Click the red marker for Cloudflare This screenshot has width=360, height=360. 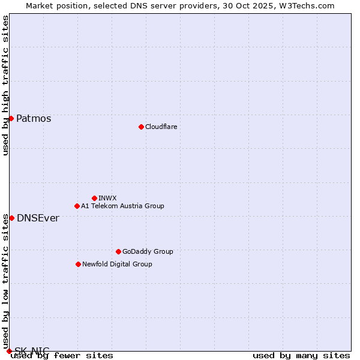pos(141,127)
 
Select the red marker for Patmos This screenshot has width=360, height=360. pos(11,118)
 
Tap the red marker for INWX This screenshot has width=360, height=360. pos(94,198)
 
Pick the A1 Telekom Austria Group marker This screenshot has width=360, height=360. pos(77,206)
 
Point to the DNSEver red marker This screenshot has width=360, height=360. pos(11,218)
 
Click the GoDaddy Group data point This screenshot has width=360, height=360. pos(118,251)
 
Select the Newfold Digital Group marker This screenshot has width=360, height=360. pos(78,264)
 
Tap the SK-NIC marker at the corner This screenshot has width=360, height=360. pos(9,351)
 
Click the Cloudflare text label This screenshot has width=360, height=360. pos(161,127)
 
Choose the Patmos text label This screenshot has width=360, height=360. pos(34,118)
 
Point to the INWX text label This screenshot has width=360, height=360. pos(107,198)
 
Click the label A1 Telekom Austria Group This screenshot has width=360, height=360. pos(122,206)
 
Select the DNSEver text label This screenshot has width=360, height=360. pos(38,218)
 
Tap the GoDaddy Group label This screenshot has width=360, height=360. pos(148,251)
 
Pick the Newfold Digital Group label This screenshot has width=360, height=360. pos(117,264)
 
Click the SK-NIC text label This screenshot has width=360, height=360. pos(32,350)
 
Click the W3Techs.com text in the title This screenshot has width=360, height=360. pos(306,5)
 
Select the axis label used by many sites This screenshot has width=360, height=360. pos(301,355)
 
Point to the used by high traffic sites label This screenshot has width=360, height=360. pos(5,85)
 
